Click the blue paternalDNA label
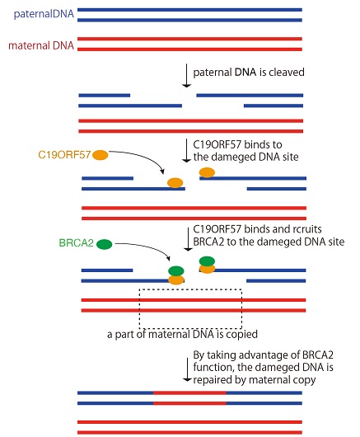click(x=44, y=14)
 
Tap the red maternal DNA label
click(x=41, y=45)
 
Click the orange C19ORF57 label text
click(x=64, y=155)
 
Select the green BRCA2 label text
click(x=77, y=243)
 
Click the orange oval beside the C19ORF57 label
click(x=101, y=155)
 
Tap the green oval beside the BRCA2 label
click(x=105, y=244)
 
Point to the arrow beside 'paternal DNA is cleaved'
click(x=186, y=76)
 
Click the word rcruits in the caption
click(x=307, y=229)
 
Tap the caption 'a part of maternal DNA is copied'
click(x=182, y=334)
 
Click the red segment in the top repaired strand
click(x=189, y=393)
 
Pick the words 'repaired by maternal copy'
click(x=255, y=380)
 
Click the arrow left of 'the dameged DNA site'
click(x=186, y=151)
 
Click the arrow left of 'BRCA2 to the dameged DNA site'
click(x=188, y=239)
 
